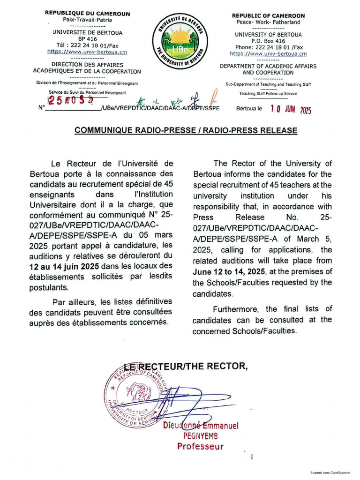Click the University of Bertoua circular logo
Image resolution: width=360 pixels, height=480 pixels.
click(x=180, y=41)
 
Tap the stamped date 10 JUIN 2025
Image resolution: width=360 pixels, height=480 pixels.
click(x=291, y=110)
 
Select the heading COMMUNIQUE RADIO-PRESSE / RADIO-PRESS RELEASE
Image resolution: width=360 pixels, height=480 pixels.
click(x=186, y=130)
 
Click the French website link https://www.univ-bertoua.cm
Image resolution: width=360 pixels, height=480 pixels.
click(x=87, y=52)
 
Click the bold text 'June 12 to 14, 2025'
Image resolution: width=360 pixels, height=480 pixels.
click(x=226, y=272)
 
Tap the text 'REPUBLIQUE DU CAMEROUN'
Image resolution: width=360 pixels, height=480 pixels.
click(x=87, y=14)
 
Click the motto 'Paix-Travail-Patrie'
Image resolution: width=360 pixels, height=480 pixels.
click(x=87, y=20)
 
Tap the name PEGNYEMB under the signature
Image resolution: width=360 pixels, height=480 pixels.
click(x=201, y=436)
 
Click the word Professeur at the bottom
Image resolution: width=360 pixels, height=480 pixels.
click(x=201, y=446)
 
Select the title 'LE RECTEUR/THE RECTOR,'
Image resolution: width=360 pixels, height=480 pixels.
click(x=186, y=367)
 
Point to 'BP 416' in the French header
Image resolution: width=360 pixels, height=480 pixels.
click(x=87, y=38)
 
